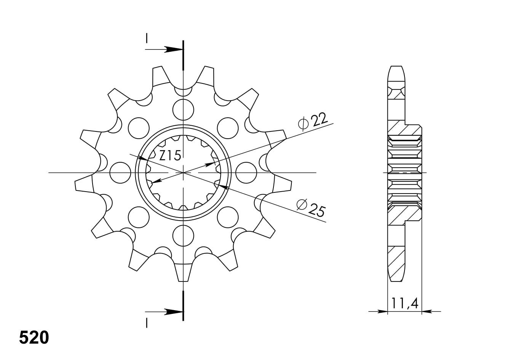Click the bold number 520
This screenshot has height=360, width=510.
pyautogui.click(x=34, y=338)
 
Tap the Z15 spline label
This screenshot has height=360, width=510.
pyautogui.click(x=170, y=155)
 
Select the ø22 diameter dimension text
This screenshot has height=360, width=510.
pyautogui.click(x=313, y=122)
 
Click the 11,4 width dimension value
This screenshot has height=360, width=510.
pyautogui.click(x=404, y=304)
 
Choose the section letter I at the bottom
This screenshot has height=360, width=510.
pyautogui.click(x=146, y=323)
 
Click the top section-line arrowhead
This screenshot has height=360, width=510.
pyautogui.click(x=174, y=49)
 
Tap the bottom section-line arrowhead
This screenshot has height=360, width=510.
pyautogui.click(x=174, y=312)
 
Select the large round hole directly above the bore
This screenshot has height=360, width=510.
pyautogui.click(x=183, y=109)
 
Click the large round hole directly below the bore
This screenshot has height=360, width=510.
pyautogui.click(x=183, y=235)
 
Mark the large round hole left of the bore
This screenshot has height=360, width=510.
pyautogui.click(x=120, y=173)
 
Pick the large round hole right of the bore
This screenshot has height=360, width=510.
pyautogui.click(x=246, y=173)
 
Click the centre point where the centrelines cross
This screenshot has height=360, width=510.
pyautogui.click(x=184, y=173)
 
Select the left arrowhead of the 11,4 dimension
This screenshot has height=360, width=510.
pyautogui.click(x=382, y=311)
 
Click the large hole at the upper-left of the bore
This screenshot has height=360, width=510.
pyautogui.click(x=139, y=128)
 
